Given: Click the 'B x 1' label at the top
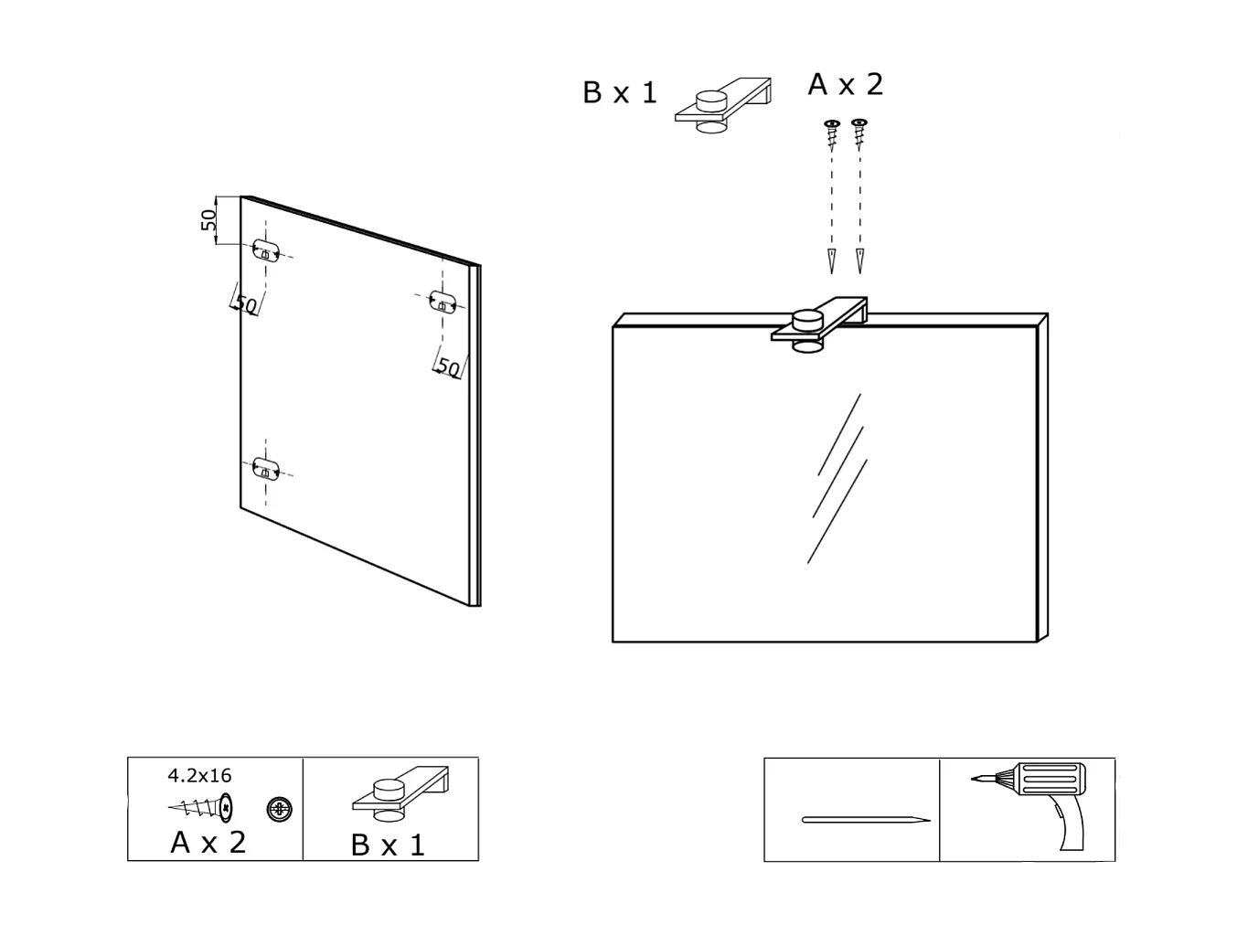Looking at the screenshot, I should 620,93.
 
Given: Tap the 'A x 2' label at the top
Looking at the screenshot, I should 846,85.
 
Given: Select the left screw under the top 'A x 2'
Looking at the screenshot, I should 832,133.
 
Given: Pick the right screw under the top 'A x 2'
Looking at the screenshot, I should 859,133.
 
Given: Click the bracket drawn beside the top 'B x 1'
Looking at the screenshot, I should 723,104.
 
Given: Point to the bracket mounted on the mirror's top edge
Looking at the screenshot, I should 819,324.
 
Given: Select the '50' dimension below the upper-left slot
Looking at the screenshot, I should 245,304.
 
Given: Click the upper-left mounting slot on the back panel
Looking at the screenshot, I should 266,250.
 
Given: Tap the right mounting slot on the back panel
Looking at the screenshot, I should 443,302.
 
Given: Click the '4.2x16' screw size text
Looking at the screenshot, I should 199,776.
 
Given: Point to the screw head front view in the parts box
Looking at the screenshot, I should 280,809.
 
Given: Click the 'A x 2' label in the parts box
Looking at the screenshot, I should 208,842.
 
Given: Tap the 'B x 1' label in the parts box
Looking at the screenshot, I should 388,845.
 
